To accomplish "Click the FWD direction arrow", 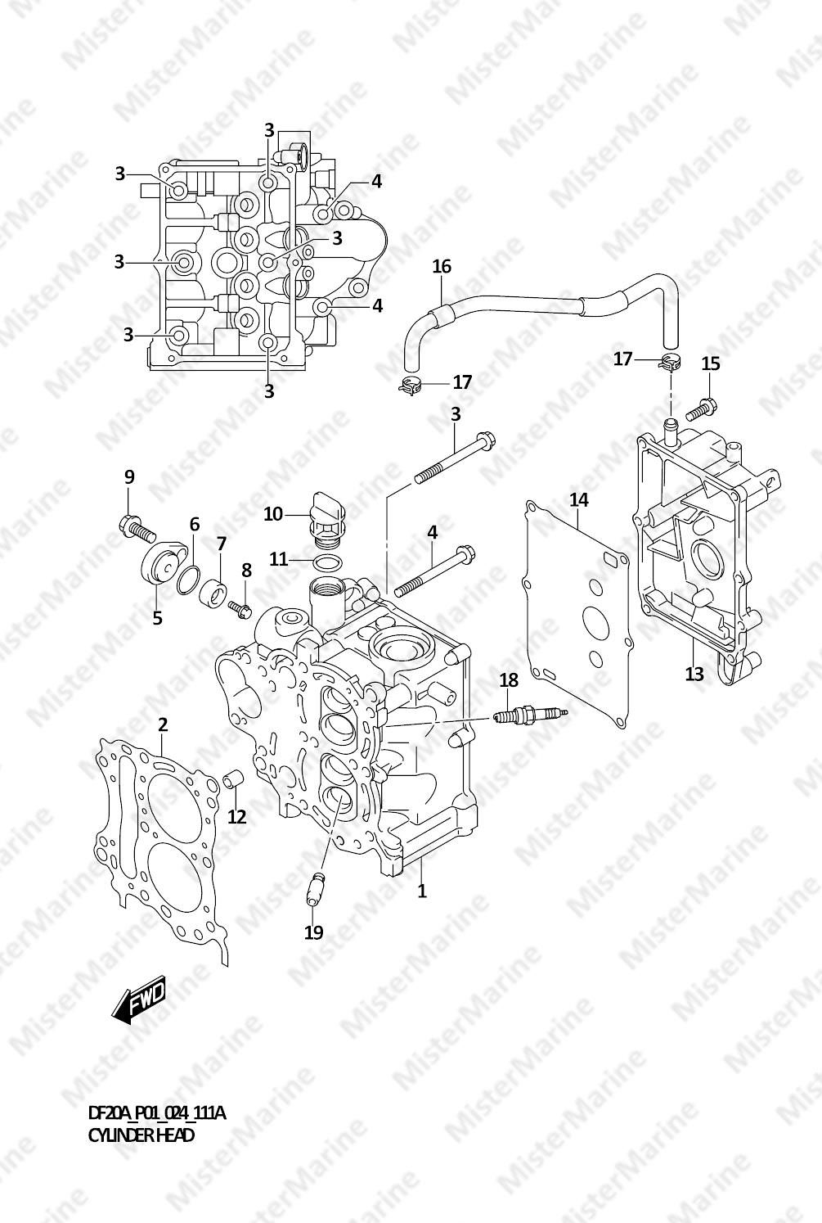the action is (x=138, y=998).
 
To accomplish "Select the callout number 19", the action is (x=314, y=932).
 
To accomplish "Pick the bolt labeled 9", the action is (x=137, y=526).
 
